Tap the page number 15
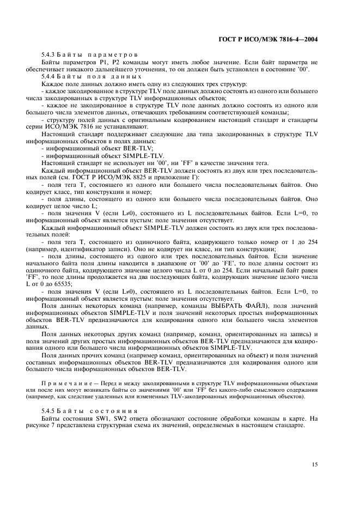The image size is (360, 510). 314,464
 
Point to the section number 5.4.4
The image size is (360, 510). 48,78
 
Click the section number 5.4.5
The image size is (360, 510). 48,411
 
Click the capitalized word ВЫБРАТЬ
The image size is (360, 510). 228,306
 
